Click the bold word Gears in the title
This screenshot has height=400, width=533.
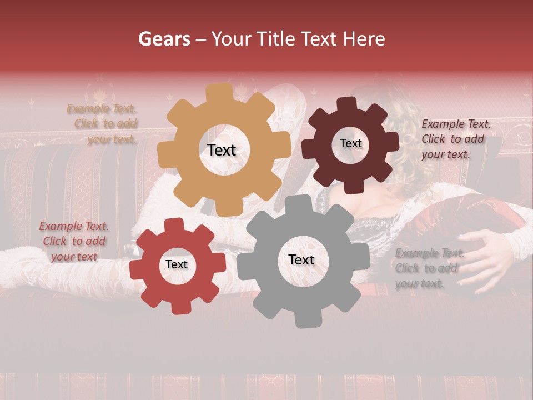coord(164,39)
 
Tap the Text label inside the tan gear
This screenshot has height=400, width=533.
coord(222,150)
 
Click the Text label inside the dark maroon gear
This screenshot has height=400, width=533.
coord(350,143)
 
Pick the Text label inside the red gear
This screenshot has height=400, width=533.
coord(177,264)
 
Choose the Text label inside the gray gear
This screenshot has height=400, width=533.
coord(301,259)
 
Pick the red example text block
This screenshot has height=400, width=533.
coord(74,241)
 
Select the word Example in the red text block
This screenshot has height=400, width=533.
coord(59,226)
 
